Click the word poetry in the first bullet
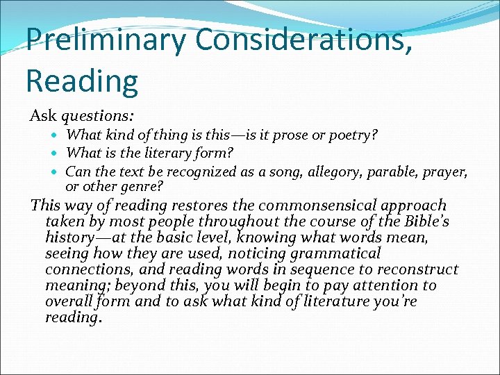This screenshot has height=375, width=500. coord(354,135)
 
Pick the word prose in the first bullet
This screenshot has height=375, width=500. coord(294,135)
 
